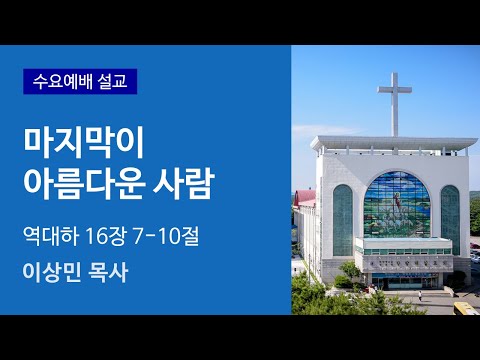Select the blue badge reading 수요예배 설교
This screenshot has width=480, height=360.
(80, 81)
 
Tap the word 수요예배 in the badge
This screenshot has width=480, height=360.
(62, 81)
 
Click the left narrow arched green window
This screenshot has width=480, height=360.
(343, 218)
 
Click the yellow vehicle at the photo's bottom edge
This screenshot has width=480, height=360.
(466, 308)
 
